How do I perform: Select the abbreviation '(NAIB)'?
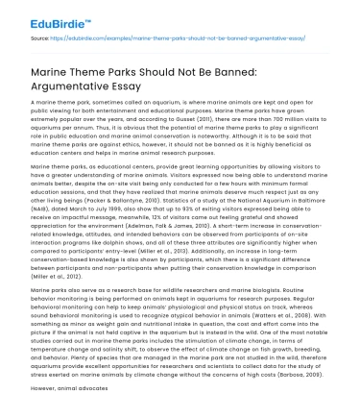point(42,236)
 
